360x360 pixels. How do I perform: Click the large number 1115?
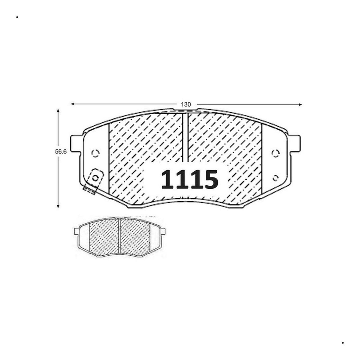coord(189,179)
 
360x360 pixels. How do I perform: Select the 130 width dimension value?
coord(186,105)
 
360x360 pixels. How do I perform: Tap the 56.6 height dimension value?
coord(61,152)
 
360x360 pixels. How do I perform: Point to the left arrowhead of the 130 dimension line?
coord(73,104)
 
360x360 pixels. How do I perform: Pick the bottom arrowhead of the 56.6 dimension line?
coord(58,206)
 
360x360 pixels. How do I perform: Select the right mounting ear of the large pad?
coord(295,143)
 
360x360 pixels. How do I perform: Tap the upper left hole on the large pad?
coord(95,153)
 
